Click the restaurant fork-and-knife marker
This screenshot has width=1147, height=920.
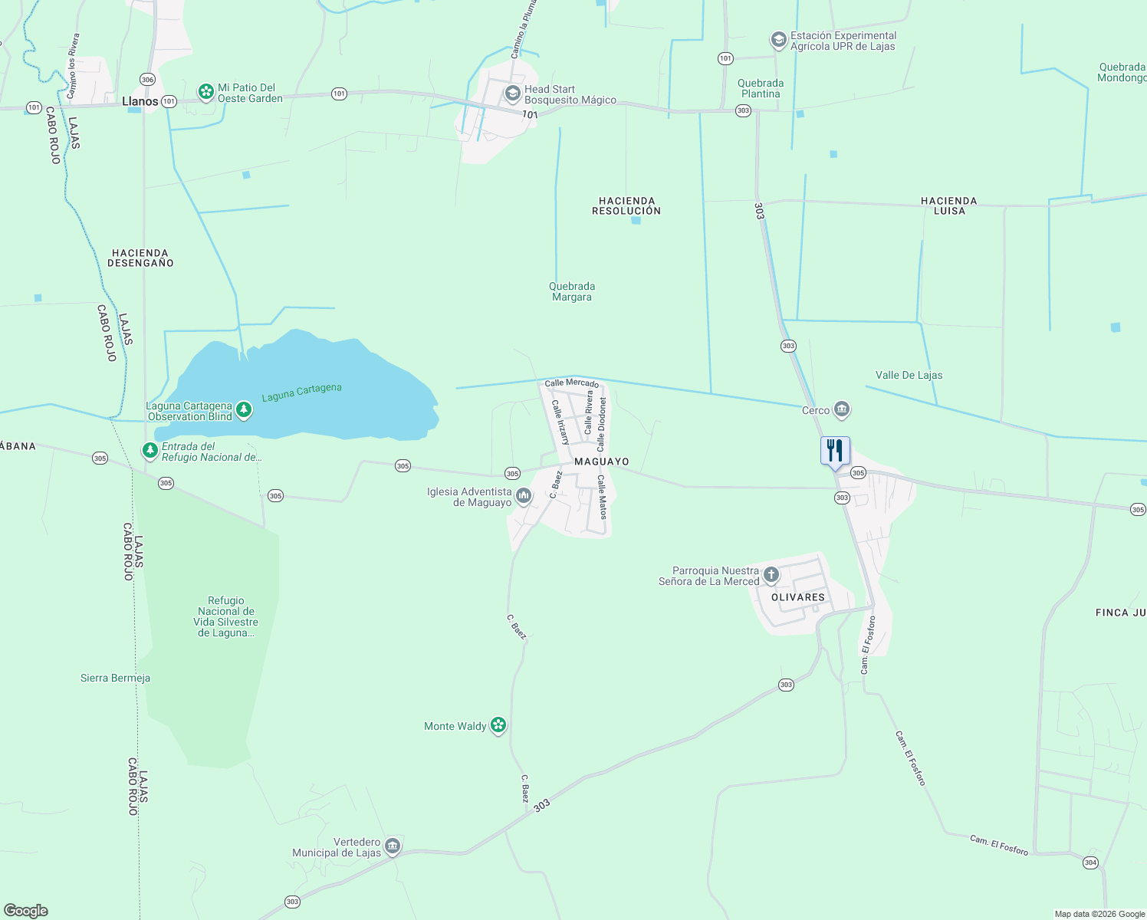tap(835, 450)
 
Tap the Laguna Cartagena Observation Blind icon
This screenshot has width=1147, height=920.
tap(244, 411)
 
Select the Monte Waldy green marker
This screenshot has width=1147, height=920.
tap(498, 725)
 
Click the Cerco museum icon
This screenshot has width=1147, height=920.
tap(842, 410)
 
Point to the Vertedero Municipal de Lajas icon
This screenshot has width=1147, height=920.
tap(392, 846)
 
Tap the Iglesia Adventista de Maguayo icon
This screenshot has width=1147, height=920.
tap(524, 497)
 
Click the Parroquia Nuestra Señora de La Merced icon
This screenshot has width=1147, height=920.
tap(771, 574)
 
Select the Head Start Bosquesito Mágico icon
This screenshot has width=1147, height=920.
tap(512, 94)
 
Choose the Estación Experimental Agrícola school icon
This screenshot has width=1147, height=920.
tap(778, 40)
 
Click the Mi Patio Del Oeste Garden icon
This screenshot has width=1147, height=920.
tap(205, 93)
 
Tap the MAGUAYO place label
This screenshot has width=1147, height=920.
tap(601, 462)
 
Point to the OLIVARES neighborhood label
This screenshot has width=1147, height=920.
tap(798, 597)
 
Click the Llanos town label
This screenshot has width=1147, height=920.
tap(140, 101)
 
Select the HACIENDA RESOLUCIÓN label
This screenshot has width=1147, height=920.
tap(626, 205)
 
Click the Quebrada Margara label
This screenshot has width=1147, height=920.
tap(572, 291)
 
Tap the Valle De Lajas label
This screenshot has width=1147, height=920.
tap(909, 375)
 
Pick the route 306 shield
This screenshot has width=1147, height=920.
tap(148, 80)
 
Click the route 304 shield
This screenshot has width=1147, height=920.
tap(1090, 863)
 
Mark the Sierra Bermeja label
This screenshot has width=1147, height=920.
tap(115, 678)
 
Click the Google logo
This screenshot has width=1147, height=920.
tap(26, 911)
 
